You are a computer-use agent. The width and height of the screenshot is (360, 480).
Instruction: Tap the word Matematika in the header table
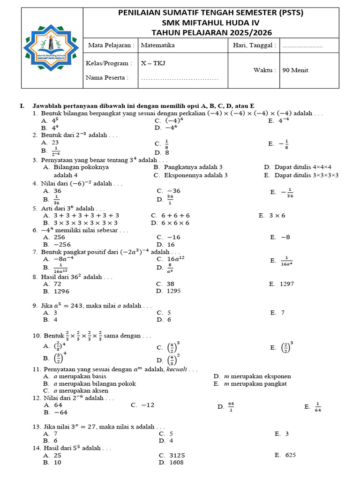158,45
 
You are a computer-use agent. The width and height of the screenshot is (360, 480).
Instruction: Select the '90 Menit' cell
295,70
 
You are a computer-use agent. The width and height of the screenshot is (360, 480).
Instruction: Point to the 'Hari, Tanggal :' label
255,45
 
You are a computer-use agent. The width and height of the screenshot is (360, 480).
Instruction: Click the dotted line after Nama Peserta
180,78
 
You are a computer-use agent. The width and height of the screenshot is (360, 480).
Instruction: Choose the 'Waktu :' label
264,70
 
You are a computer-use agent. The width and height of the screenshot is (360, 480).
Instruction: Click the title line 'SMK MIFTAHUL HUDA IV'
210,23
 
